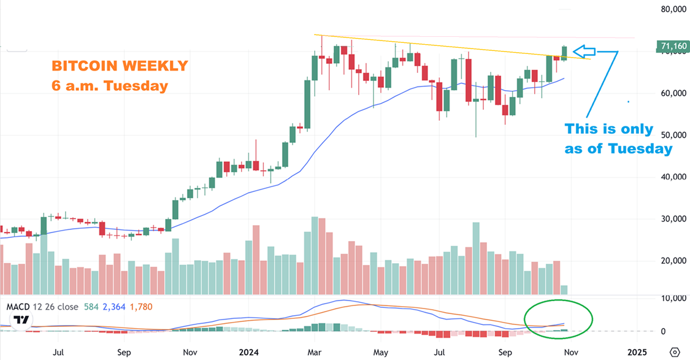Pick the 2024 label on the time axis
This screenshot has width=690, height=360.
click(x=248, y=353)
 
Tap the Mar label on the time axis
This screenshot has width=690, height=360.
click(x=314, y=353)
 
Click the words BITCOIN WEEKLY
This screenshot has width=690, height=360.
click(x=120, y=66)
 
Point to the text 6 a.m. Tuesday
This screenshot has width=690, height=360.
click(x=110, y=86)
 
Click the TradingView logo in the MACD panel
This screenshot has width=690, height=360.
click(x=21, y=320)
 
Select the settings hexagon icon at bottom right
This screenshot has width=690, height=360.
click(x=675, y=352)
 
